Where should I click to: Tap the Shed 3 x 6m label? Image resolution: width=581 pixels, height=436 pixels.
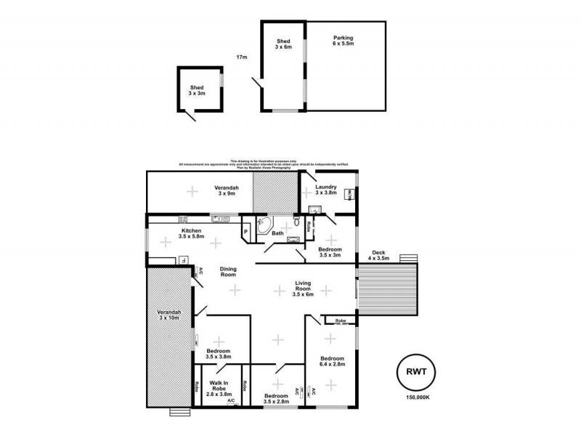tap(283, 44)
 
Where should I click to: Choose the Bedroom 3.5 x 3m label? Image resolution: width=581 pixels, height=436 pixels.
tap(330, 251)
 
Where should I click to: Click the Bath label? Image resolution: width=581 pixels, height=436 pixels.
tap(277, 233)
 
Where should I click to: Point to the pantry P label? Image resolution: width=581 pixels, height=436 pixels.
tap(246, 232)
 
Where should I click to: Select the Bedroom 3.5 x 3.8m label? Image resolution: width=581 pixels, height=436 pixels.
tap(219, 354)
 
